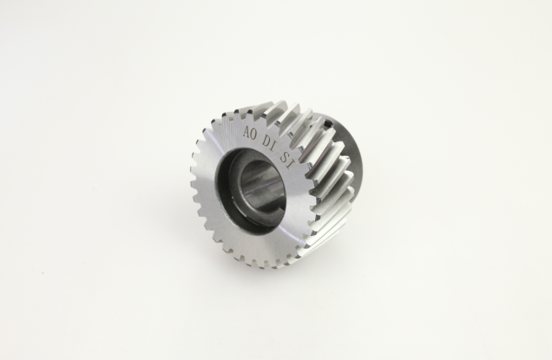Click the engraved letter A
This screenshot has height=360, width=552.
247,133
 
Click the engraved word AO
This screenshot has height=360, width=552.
251,132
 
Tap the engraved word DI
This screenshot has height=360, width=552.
270,143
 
